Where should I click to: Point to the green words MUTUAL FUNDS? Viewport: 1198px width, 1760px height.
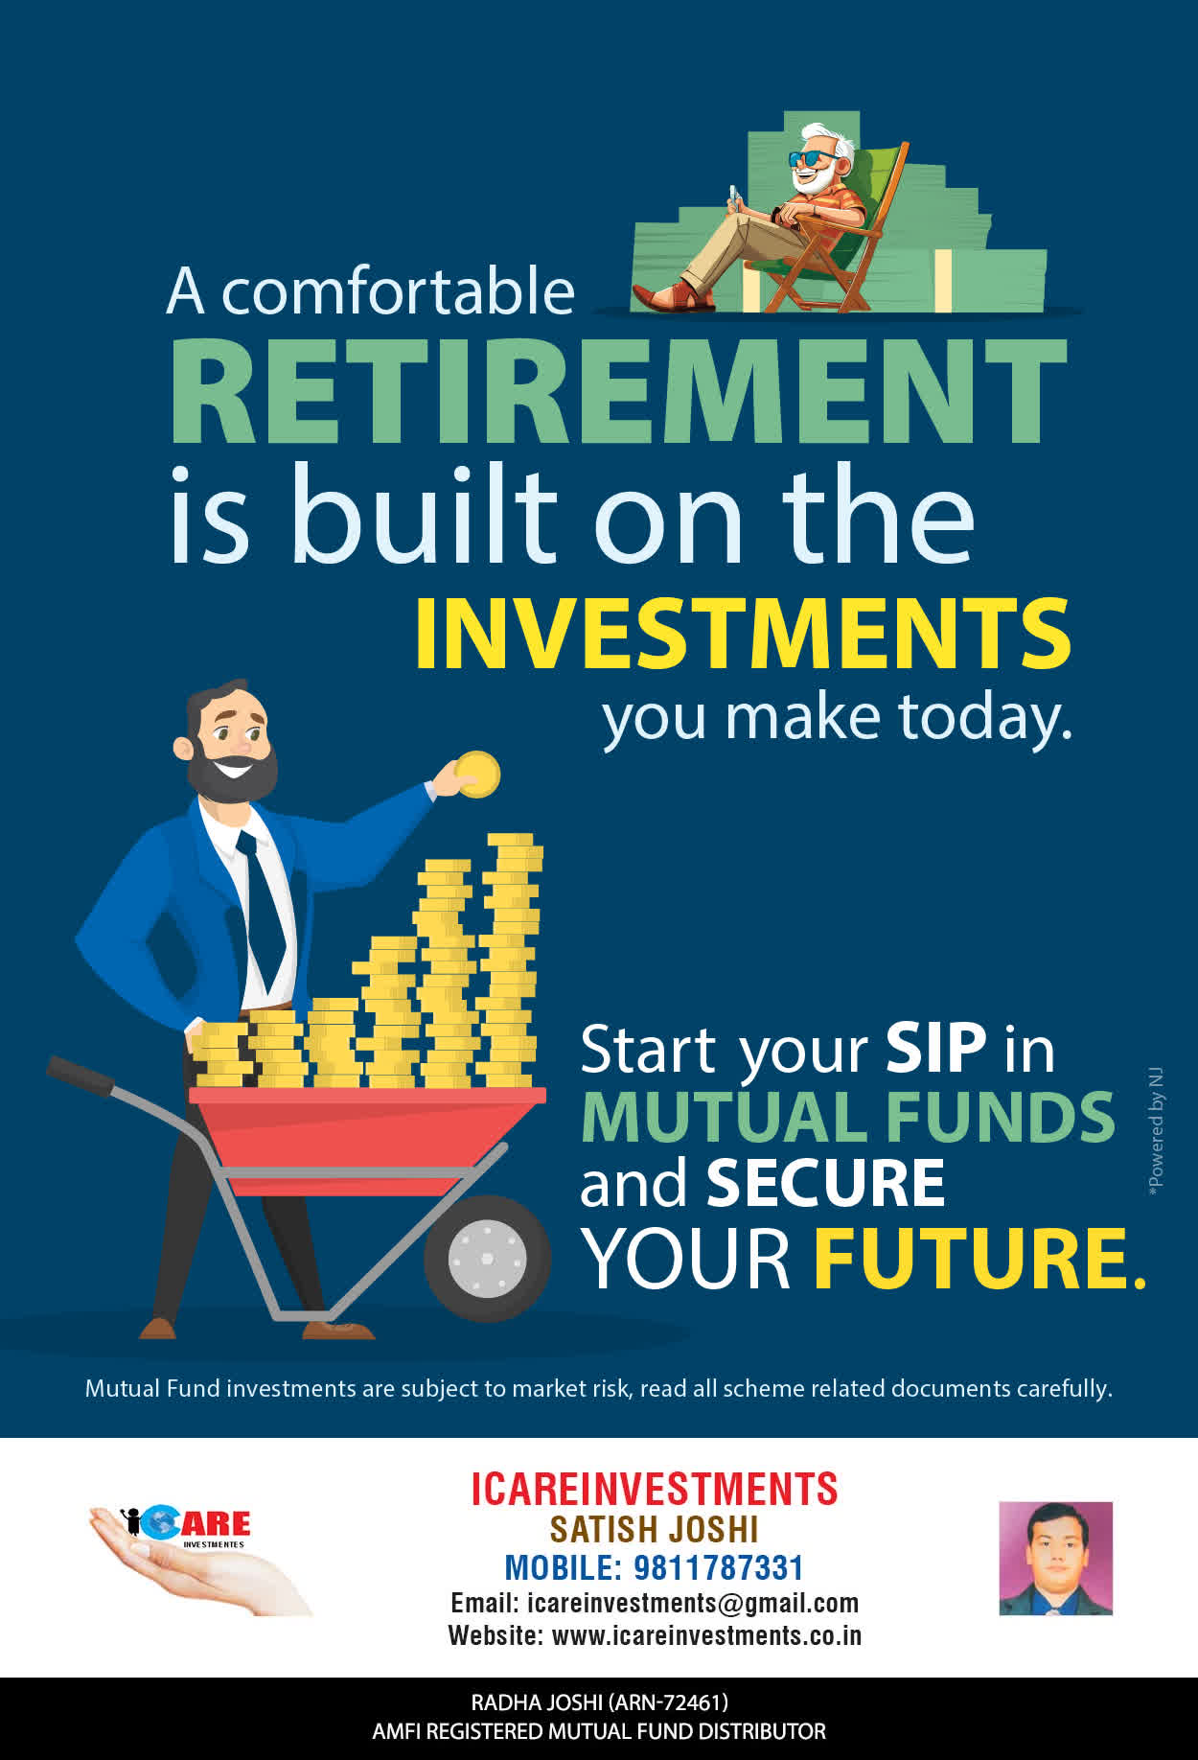pos(848,1117)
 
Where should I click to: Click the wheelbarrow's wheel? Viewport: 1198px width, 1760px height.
pos(487,1258)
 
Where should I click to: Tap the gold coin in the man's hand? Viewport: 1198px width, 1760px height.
pos(477,775)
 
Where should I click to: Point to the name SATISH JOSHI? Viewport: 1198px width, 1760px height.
pos(655,1529)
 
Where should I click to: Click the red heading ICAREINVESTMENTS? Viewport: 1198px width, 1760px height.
pos(655,1489)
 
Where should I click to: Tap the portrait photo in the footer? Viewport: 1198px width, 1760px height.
pos(1056,1559)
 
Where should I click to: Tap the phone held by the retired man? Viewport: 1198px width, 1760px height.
pos(734,195)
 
